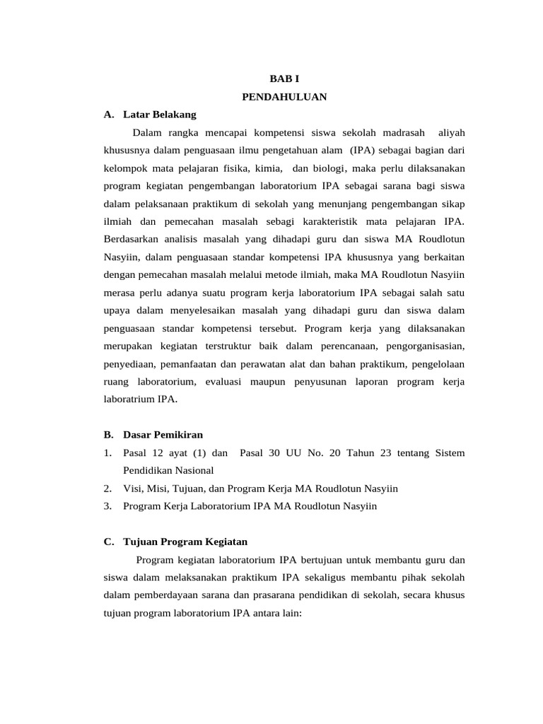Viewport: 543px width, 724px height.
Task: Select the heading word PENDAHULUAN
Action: coord(284,97)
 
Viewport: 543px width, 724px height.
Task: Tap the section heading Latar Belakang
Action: coord(159,114)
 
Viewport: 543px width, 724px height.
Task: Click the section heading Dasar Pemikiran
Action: coord(163,434)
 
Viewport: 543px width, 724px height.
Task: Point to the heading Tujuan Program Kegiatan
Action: coord(185,542)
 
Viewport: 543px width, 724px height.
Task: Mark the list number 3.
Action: coord(107,506)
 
